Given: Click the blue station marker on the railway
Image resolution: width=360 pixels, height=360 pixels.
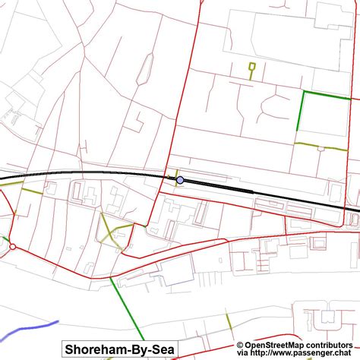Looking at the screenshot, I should point(180,180).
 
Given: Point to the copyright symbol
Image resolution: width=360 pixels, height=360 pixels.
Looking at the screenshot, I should point(239,345).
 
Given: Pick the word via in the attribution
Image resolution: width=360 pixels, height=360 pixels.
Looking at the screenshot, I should point(245,353).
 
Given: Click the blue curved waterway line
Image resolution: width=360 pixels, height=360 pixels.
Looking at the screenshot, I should point(30,330).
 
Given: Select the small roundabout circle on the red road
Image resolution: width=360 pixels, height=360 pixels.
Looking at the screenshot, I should point(12,246).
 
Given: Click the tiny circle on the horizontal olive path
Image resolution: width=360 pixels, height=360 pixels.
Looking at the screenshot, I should point(320,148).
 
